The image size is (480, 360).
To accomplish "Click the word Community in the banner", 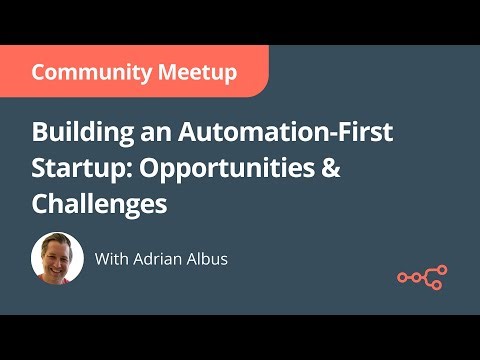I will [84, 72].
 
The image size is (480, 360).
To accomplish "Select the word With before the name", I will [111, 258].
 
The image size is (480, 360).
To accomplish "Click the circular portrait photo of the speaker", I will [57, 259].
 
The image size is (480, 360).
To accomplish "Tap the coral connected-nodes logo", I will [422, 277].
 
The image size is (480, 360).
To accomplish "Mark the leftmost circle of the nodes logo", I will [402, 278].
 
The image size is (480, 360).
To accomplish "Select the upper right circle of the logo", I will [440, 270].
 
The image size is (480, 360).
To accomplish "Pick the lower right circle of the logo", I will [440, 285].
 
